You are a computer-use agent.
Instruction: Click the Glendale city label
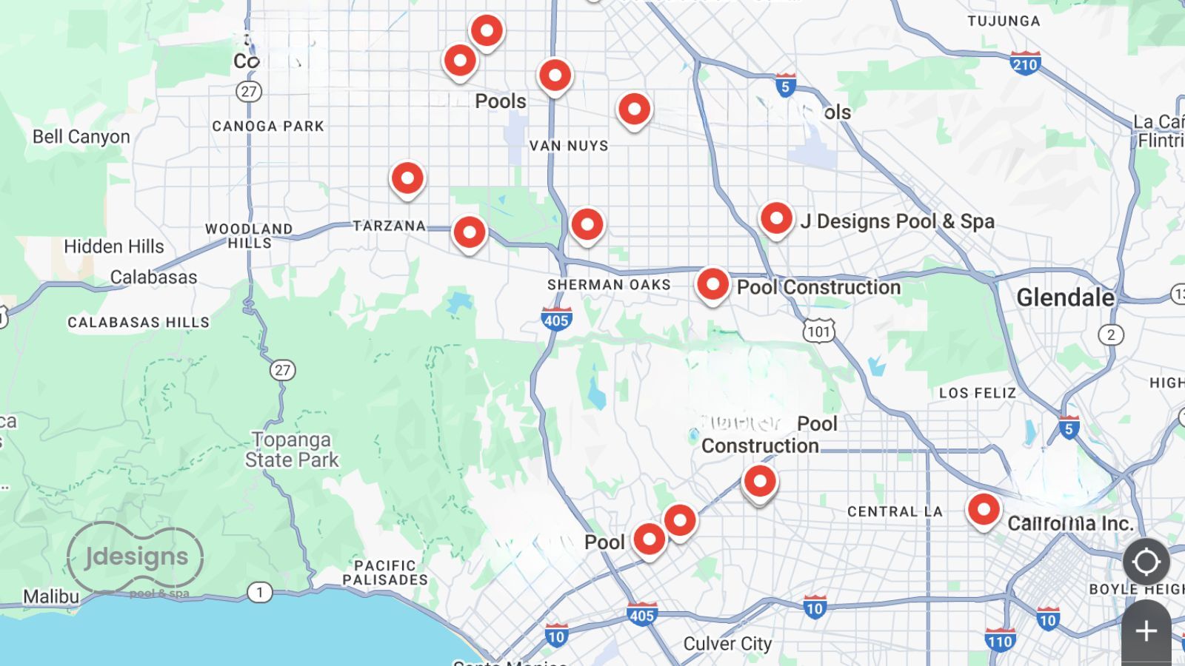(1064, 297)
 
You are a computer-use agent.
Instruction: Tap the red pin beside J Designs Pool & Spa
(776, 219)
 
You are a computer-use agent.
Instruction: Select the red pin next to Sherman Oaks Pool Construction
(712, 284)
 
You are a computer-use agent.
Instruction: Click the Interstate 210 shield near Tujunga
(1025, 64)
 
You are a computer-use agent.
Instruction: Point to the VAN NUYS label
(568, 146)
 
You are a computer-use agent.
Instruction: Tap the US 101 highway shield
(818, 331)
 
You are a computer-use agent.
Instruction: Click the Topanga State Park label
(292, 450)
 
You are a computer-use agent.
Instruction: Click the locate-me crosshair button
(1146, 562)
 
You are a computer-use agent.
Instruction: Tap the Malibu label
(51, 596)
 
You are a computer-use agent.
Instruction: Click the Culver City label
(727, 644)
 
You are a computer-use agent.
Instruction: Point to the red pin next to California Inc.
(984, 510)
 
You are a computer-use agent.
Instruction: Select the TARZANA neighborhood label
(389, 226)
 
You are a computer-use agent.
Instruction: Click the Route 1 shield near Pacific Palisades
(259, 592)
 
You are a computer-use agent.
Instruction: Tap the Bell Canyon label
(81, 137)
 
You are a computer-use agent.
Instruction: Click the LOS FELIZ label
(978, 393)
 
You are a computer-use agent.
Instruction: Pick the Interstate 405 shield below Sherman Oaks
(556, 320)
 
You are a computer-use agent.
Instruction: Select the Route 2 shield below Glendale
(1110, 334)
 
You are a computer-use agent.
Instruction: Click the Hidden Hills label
(113, 246)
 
